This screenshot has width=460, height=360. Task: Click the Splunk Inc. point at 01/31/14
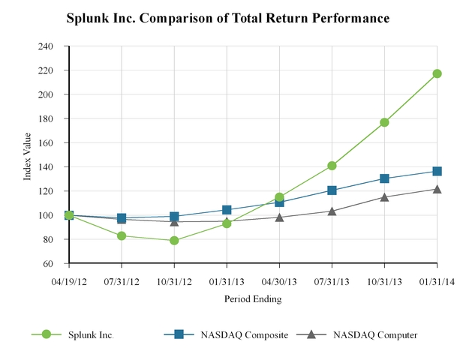click(437, 73)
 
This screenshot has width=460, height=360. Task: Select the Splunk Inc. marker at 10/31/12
click(174, 241)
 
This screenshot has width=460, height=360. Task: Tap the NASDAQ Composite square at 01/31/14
click(437, 171)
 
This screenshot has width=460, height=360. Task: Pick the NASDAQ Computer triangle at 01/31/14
click(437, 188)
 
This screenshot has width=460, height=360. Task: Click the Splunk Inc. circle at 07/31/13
click(332, 166)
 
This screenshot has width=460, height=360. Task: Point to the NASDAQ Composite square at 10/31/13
click(384, 178)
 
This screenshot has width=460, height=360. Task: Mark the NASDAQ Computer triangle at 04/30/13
click(279, 217)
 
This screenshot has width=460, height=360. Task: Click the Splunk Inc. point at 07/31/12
click(122, 235)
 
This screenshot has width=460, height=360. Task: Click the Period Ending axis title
click(253, 298)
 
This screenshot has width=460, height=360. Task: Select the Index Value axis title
click(28, 155)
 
